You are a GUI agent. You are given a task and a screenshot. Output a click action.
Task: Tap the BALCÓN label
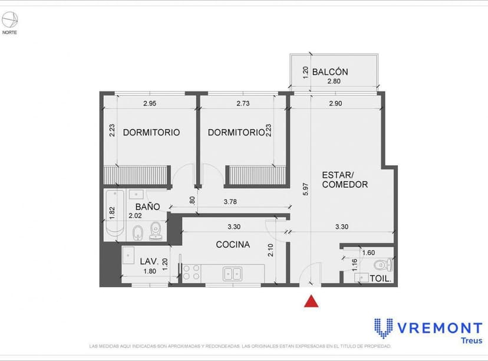coord(330,72)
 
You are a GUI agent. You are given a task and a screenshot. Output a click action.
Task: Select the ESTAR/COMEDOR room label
coord(345,180)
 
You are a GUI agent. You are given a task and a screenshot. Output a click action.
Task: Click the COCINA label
coord(232,245)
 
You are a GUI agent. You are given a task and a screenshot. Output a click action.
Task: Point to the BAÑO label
coord(147,207)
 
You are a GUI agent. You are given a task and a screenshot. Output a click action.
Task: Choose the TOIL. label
coord(381,278)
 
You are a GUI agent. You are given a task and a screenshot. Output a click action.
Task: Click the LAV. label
coord(147,261)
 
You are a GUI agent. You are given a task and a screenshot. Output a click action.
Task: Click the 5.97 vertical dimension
coord(305,189)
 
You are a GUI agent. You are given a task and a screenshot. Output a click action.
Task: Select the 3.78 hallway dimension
coord(230,202)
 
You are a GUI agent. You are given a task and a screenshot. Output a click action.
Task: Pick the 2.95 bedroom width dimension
coord(150,104)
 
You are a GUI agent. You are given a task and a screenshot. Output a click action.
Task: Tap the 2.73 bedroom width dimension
coord(243,104)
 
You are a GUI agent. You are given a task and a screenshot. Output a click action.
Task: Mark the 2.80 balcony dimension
coord(334,82)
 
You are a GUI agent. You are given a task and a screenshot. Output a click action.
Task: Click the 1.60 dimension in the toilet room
coord(368,252)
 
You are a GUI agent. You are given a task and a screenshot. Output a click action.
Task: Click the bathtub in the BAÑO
coord(114,214)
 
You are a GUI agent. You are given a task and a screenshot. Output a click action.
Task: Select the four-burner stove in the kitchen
coord(191,272)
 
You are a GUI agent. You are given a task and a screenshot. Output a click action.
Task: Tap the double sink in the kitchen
coord(232,273)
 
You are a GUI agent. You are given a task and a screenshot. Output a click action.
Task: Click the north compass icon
coord(9,21)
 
